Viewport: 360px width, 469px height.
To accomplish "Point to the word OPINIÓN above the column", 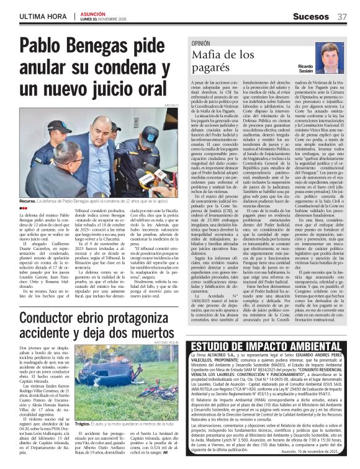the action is [x=201, y=45].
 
